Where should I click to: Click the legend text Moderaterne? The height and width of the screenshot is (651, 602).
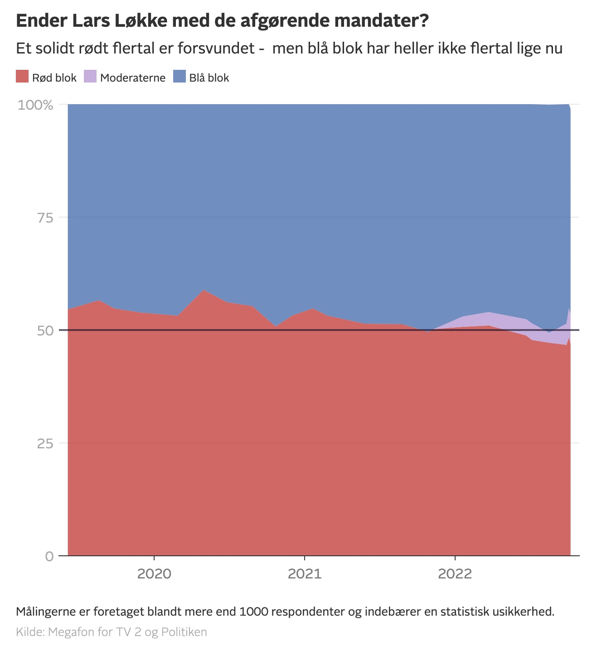[x=133, y=78]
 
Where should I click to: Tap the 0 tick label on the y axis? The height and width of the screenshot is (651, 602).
[x=49, y=556]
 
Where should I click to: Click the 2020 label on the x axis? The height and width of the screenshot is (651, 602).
[x=154, y=574]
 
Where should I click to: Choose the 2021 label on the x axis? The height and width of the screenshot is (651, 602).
[x=305, y=574]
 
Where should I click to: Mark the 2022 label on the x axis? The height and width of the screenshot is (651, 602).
[x=455, y=574]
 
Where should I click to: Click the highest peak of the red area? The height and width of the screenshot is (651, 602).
[x=204, y=290]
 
